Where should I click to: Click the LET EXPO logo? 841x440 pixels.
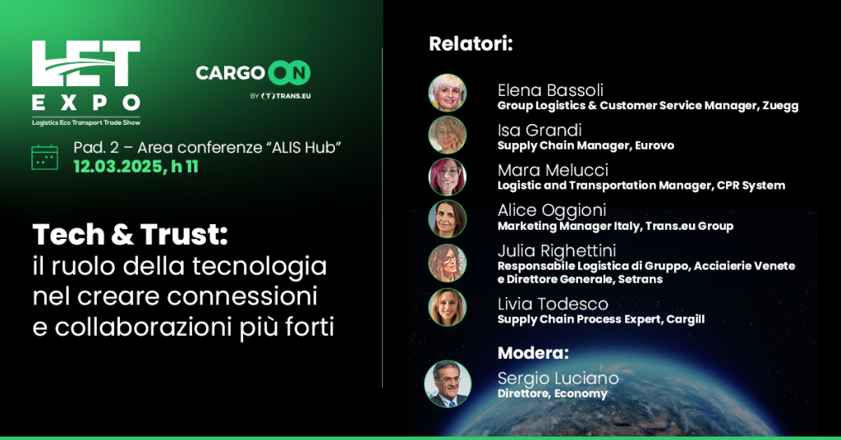(85, 83)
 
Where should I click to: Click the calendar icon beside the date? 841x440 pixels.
(45, 157)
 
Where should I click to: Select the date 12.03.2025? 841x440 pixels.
(118, 167)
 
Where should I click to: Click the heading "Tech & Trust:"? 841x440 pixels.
(131, 235)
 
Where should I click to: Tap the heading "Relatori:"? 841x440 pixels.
(471, 44)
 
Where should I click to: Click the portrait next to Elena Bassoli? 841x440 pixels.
(448, 93)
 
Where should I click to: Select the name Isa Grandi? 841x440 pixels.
(540, 130)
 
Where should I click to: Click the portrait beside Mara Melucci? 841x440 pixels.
(448, 176)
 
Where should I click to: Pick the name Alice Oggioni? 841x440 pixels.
(552, 210)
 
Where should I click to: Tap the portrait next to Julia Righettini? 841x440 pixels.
(448, 264)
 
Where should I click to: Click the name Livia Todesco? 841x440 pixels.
(553, 304)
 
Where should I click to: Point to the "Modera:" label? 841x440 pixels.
(533, 353)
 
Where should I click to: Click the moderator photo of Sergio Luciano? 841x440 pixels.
(448, 383)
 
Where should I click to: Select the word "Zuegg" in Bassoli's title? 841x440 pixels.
(780, 106)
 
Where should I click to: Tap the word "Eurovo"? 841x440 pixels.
(655, 145)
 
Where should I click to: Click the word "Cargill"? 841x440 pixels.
(686, 319)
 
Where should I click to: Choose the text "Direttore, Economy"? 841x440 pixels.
(553, 393)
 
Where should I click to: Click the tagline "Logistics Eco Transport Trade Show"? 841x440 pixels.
(85, 123)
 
